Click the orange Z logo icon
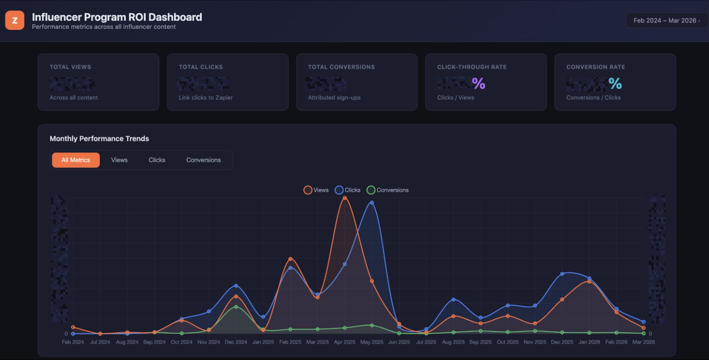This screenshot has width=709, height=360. (15, 20)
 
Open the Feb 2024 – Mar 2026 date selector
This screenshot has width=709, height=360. (666, 21)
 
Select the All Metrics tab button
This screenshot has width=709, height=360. (76, 160)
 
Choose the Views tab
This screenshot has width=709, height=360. (119, 160)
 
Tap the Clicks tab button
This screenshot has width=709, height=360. (157, 160)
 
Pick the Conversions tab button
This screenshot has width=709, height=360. (203, 160)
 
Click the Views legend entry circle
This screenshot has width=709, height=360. (308, 190)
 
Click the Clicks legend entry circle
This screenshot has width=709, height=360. (339, 190)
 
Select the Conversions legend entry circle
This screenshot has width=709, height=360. (371, 190)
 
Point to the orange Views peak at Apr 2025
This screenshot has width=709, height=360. (344, 198)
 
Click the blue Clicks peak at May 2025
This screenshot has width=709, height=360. (372, 203)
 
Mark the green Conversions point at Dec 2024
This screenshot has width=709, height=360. (236, 307)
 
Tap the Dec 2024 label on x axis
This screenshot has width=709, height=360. (236, 342)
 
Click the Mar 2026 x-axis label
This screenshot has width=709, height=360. (643, 342)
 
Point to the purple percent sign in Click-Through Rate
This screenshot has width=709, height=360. (478, 84)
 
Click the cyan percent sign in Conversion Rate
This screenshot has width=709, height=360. (615, 84)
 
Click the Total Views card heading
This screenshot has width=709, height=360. (70, 67)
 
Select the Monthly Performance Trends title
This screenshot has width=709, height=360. (99, 139)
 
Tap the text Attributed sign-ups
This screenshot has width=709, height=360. (334, 98)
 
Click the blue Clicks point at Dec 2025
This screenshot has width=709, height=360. (562, 274)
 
